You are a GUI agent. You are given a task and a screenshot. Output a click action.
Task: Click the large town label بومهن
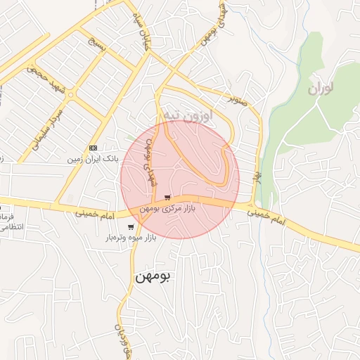point(152,276)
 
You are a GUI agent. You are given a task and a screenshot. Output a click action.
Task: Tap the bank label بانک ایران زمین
point(91,160)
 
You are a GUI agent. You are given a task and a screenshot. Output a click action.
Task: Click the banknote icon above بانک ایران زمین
point(93,148)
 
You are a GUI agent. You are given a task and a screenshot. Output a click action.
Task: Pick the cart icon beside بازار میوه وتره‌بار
point(131,227)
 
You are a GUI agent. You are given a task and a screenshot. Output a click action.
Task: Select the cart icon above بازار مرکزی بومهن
point(167,198)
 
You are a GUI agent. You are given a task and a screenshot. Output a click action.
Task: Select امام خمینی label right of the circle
point(268,214)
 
